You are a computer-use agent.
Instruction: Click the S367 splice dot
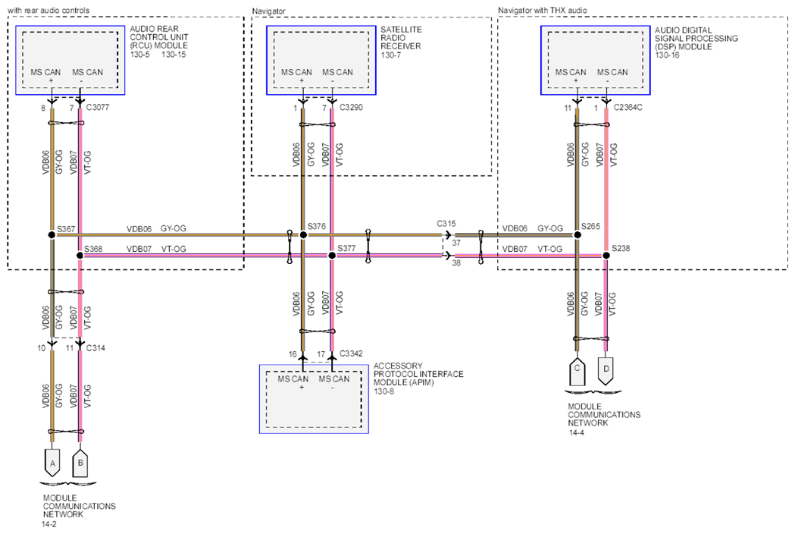pyautogui.click(x=52, y=235)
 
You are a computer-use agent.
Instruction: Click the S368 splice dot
pyautogui.click(x=80, y=256)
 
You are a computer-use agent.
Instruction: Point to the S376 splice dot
pyautogui.click(x=303, y=234)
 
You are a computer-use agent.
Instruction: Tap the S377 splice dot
pyautogui.click(x=332, y=256)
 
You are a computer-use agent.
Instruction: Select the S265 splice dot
pyautogui.click(x=577, y=234)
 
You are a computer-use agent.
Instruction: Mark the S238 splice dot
pyautogui.click(x=606, y=256)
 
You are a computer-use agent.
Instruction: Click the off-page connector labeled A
pyautogui.click(x=52, y=463)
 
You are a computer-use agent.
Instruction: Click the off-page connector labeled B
pyautogui.click(x=80, y=463)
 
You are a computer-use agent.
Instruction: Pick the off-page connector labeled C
pyautogui.click(x=577, y=372)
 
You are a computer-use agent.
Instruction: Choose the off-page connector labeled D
pyautogui.click(x=606, y=372)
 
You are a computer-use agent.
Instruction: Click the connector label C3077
pyautogui.click(x=97, y=108)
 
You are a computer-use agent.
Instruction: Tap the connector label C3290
pyautogui.click(x=351, y=108)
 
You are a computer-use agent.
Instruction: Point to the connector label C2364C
pyautogui.click(x=628, y=108)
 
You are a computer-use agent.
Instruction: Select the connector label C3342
pyautogui.click(x=351, y=353)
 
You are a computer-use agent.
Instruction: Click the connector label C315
pyautogui.click(x=446, y=223)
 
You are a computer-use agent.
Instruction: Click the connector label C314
pyautogui.click(x=95, y=348)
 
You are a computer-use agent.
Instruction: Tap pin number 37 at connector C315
pyautogui.click(x=456, y=243)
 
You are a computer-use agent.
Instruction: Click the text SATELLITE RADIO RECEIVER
pyautogui.click(x=401, y=38)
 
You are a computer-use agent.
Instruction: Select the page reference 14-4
pyautogui.click(x=576, y=433)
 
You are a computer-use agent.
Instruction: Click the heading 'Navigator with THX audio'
pyautogui.click(x=542, y=10)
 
